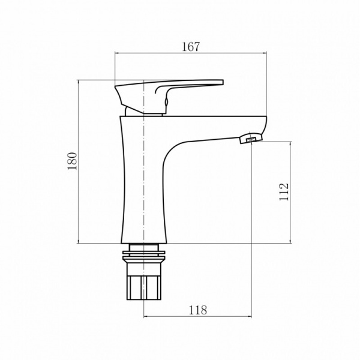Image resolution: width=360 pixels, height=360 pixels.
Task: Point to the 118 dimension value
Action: (197, 310)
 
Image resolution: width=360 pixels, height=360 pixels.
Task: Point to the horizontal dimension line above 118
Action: (197, 316)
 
